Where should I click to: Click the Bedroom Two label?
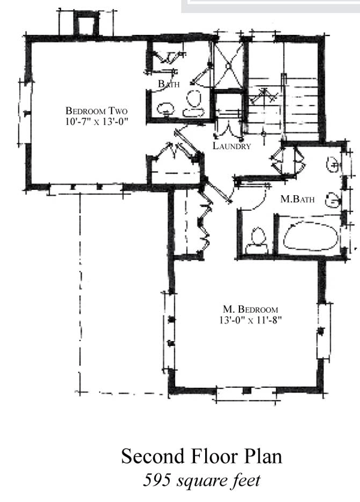97,110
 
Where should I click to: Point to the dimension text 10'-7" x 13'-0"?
97,122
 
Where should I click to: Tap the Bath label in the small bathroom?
169,83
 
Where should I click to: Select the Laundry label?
232,146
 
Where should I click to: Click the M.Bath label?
297,199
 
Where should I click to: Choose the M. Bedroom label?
250,309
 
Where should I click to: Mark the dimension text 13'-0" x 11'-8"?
250,320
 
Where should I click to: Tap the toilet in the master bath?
257,241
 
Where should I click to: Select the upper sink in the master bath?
332,165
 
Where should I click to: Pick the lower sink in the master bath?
332,201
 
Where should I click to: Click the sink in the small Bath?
166,109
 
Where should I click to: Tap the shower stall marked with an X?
228,65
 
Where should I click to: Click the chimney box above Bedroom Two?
86,23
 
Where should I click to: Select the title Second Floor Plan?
202,456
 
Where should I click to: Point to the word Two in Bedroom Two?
118,110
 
